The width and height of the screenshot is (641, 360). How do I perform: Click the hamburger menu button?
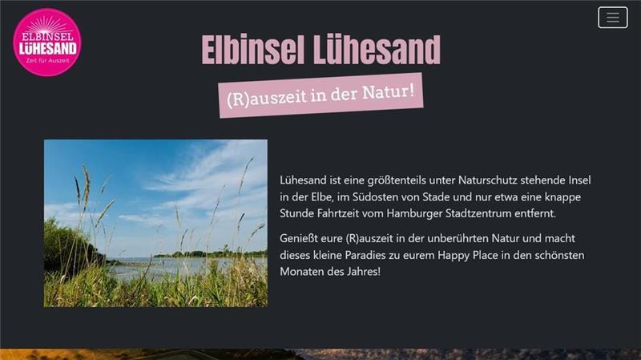click(613, 18)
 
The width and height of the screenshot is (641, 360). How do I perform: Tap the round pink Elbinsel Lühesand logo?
click(47, 42)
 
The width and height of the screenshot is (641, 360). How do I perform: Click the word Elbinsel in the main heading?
click(247, 50)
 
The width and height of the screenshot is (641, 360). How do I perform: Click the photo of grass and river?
click(155, 223)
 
